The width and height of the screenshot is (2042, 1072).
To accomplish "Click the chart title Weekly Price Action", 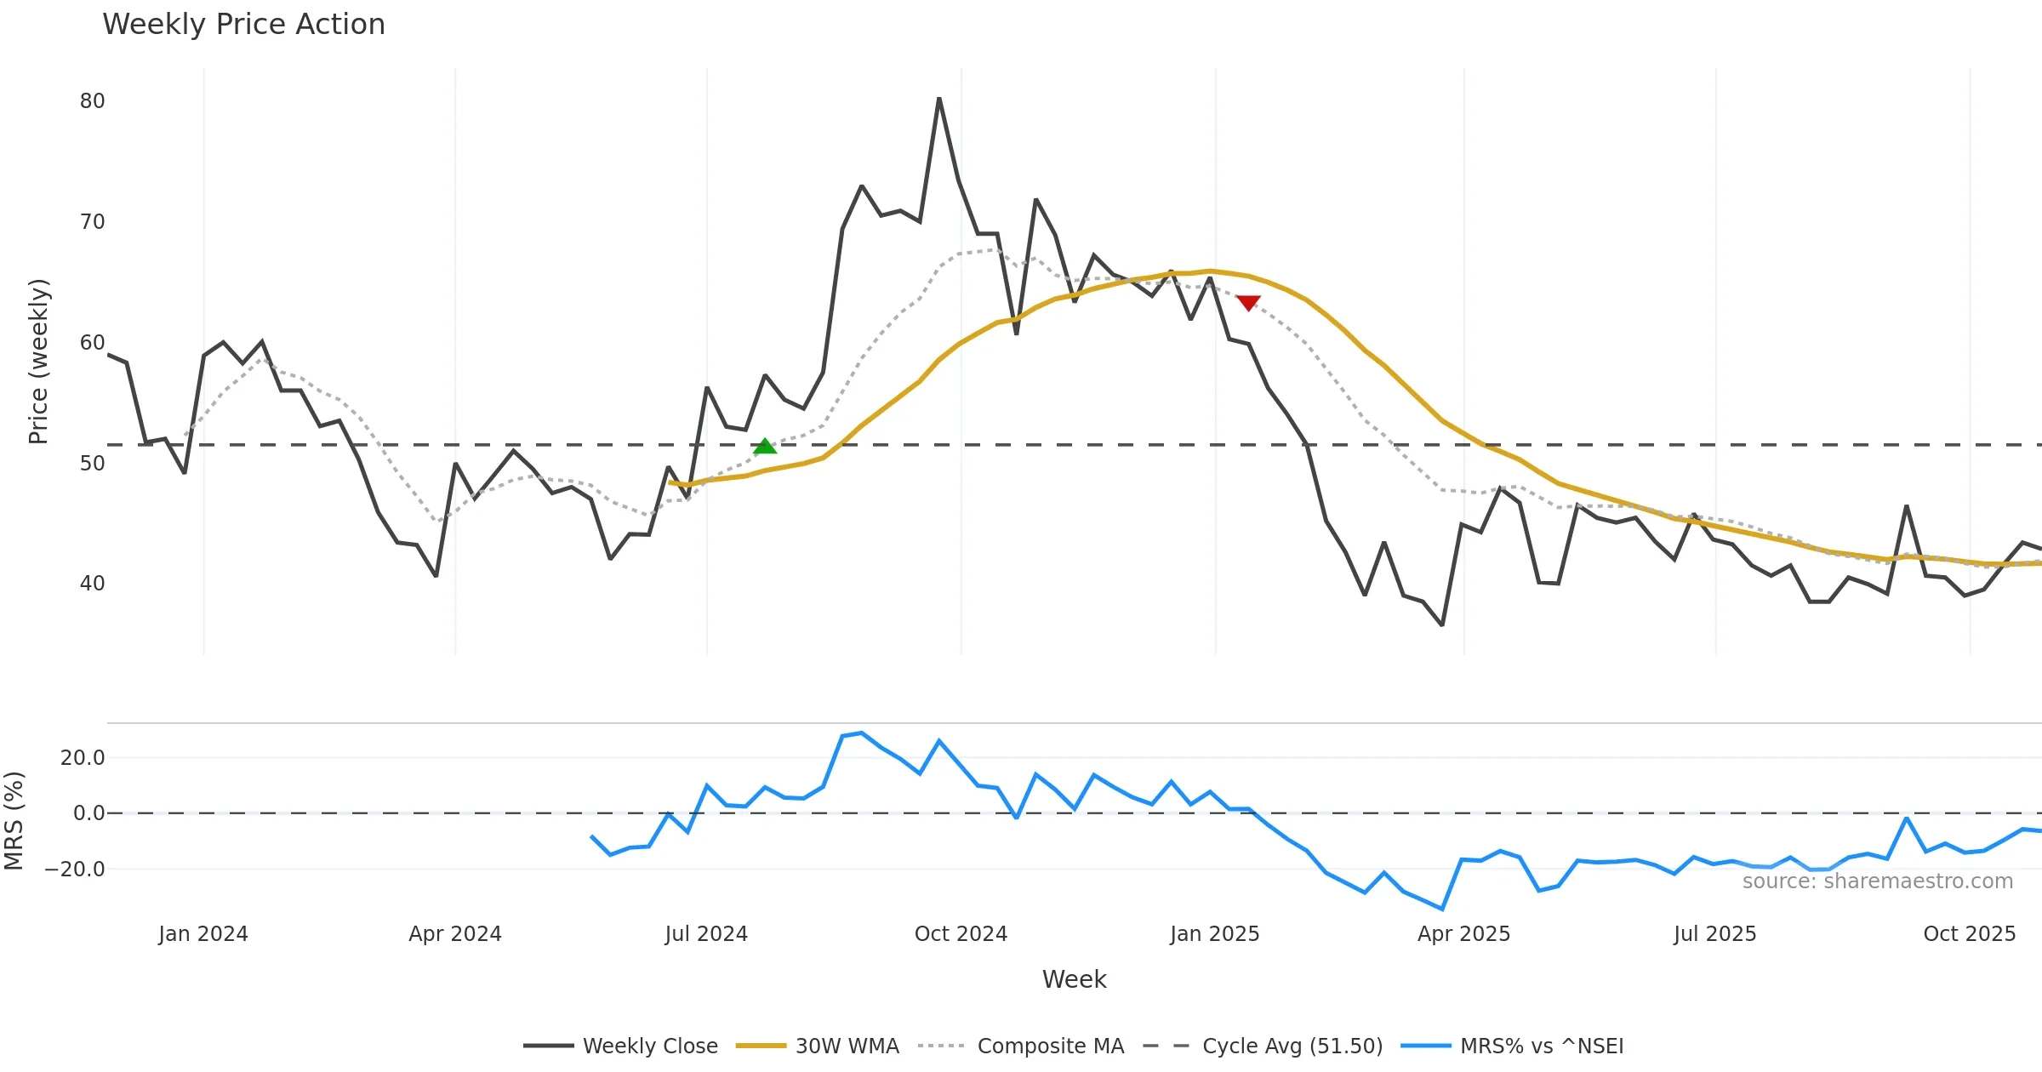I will point(243,25).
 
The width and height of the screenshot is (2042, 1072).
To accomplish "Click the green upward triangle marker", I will point(765,447).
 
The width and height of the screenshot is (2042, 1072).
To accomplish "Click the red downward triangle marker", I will point(1248,303).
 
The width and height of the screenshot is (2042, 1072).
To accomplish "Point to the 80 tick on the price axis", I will point(92,101).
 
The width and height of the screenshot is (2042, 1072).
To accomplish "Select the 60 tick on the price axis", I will point(92,343).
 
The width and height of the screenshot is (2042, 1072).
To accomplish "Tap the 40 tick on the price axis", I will point(92,584).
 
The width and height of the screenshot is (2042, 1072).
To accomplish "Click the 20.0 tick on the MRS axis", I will point(83,758).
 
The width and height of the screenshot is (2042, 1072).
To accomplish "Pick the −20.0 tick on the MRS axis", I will point(75,870).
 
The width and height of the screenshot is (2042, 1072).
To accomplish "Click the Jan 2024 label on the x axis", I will point(203,934).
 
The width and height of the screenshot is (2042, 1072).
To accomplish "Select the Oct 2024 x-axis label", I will point(961,934).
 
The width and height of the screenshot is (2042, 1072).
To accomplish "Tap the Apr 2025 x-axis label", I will point(1463,934).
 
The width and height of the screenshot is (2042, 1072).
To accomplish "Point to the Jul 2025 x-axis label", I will point(1714,934).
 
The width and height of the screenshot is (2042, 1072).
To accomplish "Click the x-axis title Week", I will point(1074,980).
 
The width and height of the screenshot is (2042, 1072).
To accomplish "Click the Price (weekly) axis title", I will point(39,362).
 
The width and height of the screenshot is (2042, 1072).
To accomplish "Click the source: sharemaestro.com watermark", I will point(1877,881).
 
